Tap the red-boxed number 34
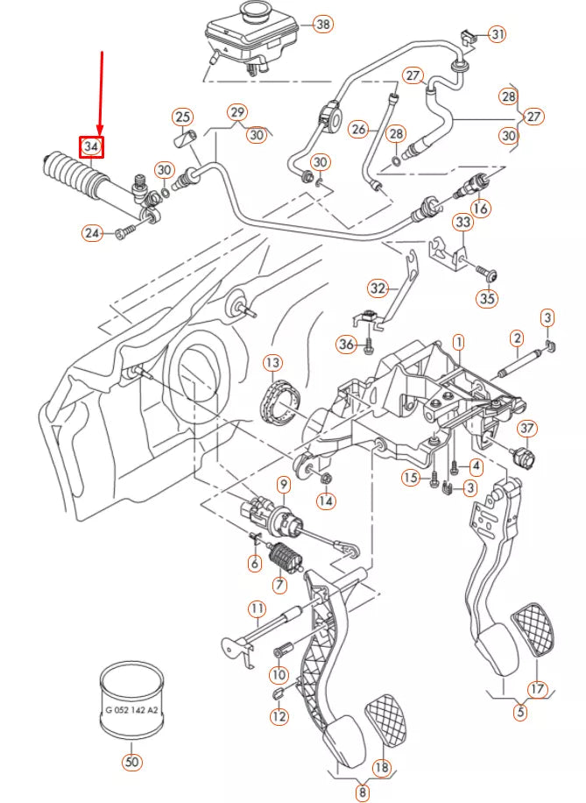point(92,146)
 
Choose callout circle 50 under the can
point(131,762)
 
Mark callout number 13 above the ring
point(272,362)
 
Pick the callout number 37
point(526,429)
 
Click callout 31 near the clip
point(498,34)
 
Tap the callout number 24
point(93,232)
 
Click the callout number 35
point(486,298)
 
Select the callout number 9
point(283,484)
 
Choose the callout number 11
point(256,608)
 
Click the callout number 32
point(377,288)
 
